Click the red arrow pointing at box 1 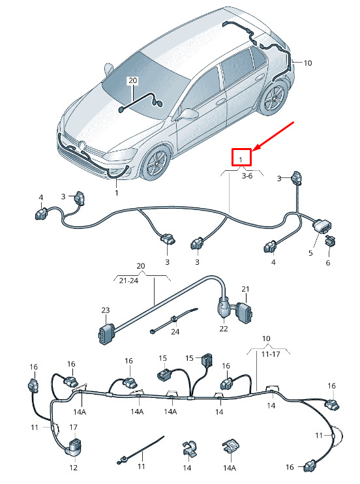coord(273,136)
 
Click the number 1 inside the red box coord(241,160)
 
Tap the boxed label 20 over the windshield coord(132,81)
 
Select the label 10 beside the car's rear coord(308,63)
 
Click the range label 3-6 coord(247,175)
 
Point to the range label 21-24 coord(128,280)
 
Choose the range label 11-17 coord(271,354)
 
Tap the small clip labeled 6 coord(331,241)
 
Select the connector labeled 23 coord(105,333)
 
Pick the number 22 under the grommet coord(224,329)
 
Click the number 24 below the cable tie coord(175,332)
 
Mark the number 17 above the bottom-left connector coord(73,427)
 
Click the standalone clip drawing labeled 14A coord(230,447)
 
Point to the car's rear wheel coord(273,98)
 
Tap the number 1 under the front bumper coord(116,193)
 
